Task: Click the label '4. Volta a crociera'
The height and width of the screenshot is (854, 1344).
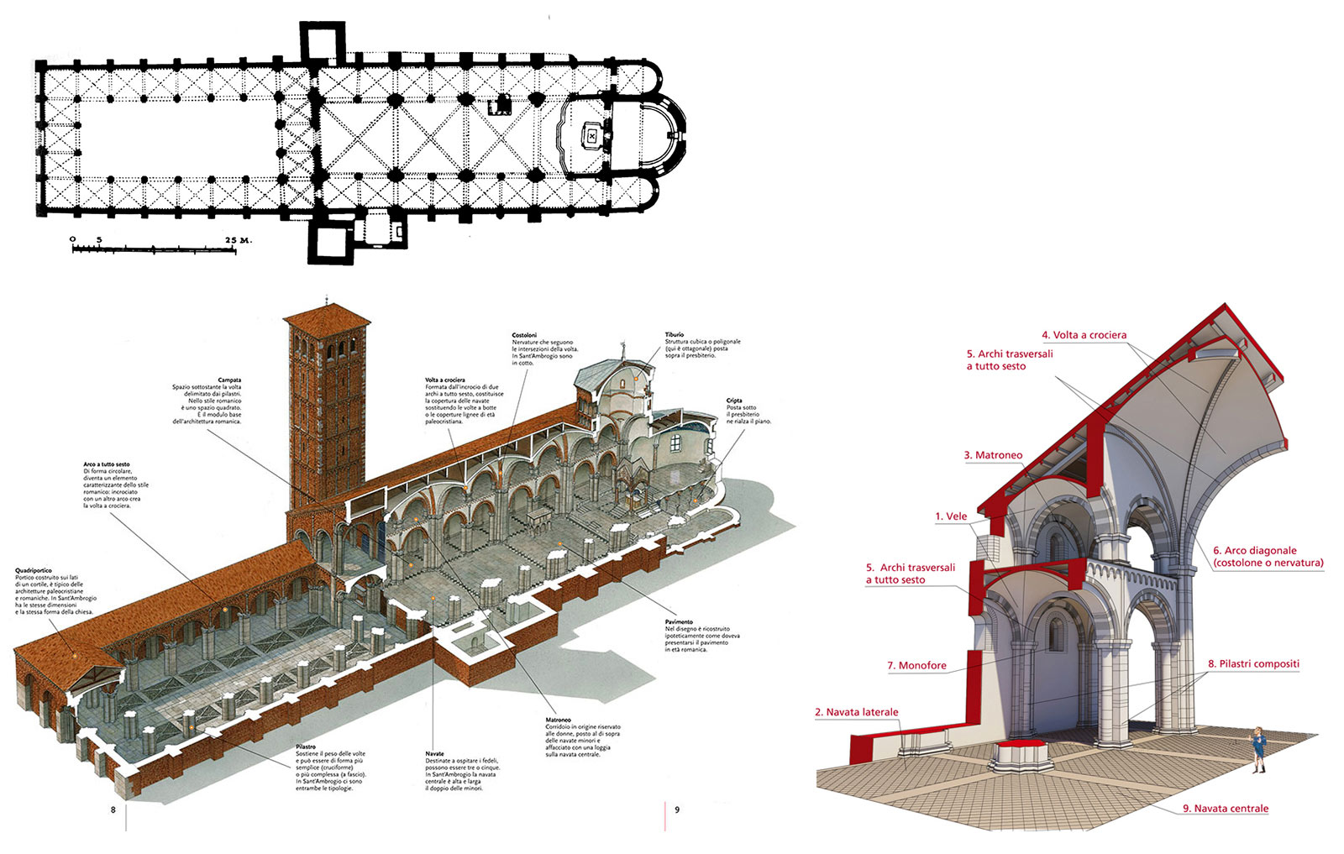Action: coord(1084,335)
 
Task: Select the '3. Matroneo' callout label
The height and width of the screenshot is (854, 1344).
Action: coord(993,455)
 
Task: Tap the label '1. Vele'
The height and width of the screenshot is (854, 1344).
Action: coord(951,516)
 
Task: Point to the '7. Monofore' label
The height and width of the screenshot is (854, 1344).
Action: coord(916,666)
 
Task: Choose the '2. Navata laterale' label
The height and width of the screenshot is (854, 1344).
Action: coord(856,712)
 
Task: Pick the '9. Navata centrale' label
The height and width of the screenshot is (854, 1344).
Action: coord(1226,809)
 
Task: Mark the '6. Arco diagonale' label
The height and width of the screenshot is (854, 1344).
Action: coord(1254,551)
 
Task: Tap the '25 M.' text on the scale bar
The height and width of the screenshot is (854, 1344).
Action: coord(239,240)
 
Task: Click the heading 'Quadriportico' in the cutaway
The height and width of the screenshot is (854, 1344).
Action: coord(33,571)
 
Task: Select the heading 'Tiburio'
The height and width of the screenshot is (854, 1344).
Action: coord(675,335)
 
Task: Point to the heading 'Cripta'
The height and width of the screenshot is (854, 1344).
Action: coord(734,401)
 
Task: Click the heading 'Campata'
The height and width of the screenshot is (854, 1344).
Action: coord(229,380)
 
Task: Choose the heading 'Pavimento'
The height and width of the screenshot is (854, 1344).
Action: coord(679,622)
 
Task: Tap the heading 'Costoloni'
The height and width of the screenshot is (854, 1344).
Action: coord(524,335)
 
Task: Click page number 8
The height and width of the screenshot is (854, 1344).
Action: coord(113,810)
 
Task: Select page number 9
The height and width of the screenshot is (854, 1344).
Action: coord(677,810)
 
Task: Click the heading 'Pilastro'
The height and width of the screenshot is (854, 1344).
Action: coord(306,747)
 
